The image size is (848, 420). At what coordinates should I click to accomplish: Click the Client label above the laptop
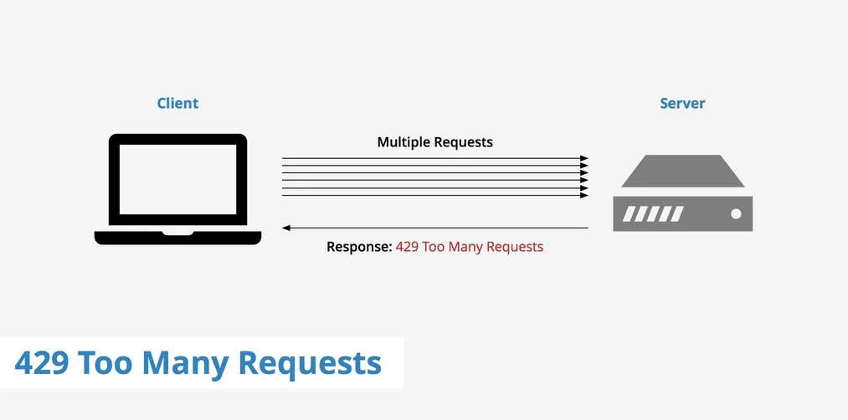[x=177, y=103]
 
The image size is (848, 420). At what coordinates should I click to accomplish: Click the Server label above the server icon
[x=682, y=103]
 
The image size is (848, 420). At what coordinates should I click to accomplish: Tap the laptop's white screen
[x=178, y=179]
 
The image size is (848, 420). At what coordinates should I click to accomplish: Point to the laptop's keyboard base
[x=178, y=238]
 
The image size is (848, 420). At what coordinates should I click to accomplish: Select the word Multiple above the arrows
[x=403, y=142]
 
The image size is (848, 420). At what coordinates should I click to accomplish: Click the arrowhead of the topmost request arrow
[x=584, y=158]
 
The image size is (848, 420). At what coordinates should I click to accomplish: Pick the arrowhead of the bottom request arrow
[x=584, y=195]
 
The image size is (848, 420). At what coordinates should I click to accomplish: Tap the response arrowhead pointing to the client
[x=286, y=228]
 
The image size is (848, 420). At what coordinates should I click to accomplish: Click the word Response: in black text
[x=359, y=247]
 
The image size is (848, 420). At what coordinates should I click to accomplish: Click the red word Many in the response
[x=464, y=248]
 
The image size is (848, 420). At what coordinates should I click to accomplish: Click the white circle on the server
[x=736, y=213]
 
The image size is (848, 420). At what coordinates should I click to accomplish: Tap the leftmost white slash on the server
[x=629, y=213]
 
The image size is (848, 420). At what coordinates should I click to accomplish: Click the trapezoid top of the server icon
[x=683, y=171]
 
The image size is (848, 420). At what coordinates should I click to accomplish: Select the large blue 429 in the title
[x=42, y=363]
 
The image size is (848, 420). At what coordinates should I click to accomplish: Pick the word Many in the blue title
[x=184, y=364]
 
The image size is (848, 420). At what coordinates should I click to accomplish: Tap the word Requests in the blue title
[x=310, y=364]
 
